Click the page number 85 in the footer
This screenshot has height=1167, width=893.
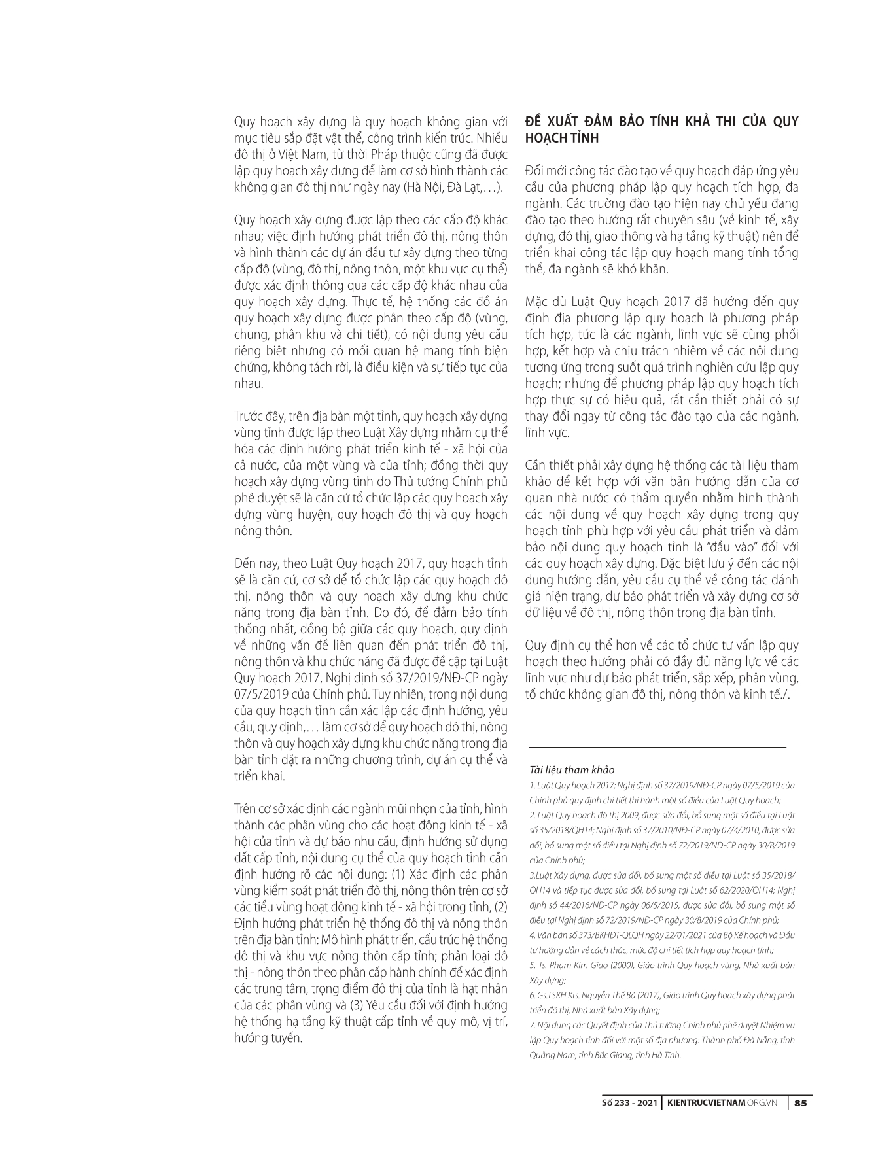(800, 1102)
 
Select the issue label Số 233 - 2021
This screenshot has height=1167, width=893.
(630, 1102)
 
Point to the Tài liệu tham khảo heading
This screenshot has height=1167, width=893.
(572, 770)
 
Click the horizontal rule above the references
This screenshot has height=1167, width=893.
(657, 748)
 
